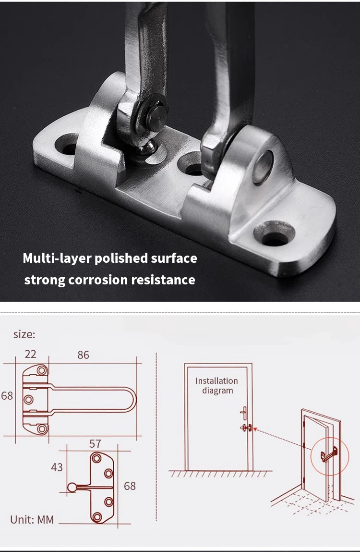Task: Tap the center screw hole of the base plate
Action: click(x=192, y=168)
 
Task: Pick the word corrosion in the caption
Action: click(x=102, y=280)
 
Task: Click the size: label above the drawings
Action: click(x=24, y=334)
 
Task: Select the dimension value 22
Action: click(x=30, y=355)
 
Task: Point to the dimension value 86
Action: click(x=83, y=355)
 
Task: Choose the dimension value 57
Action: click(x=96, y=443)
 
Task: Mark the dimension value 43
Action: click(x=57, y=467)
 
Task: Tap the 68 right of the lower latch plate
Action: click(x=130, y=486)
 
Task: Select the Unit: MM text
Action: click(x=32, y=519)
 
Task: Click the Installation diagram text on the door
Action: click(x=217, y=386)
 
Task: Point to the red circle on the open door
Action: click(x=326, y=453)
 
